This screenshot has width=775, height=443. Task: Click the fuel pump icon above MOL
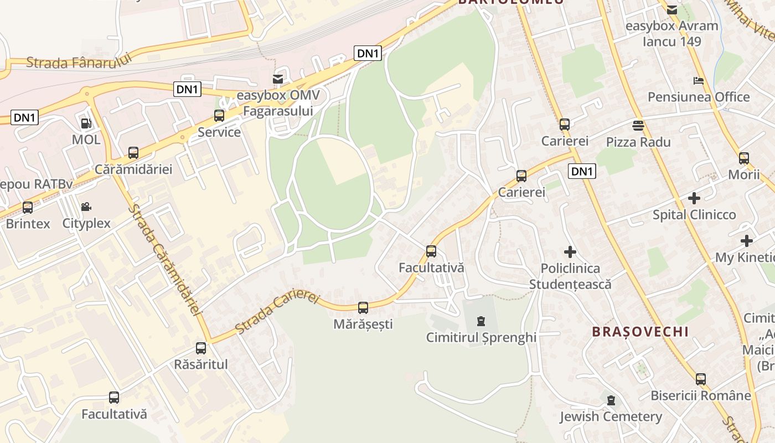pos(86,123)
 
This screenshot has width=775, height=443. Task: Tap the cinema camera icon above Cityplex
pos(86,207)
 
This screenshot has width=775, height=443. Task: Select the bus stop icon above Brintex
pos(28,208)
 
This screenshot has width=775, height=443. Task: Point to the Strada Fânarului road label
pos(79,61)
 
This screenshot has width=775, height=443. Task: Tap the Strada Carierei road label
pos(277,312)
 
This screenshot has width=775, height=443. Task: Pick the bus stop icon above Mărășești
pos(363,308)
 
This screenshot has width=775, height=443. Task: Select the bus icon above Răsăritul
pos(201,348)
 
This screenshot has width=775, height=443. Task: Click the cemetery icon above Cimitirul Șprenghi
pos(480,321)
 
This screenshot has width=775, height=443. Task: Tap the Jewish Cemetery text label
pos(611,416)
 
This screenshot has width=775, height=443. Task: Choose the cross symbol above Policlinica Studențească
pos(570,252)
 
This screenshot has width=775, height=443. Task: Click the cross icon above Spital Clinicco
pos(694,198)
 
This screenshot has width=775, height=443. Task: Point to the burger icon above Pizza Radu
pos(638,125)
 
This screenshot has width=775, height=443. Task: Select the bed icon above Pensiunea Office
pos(699,81)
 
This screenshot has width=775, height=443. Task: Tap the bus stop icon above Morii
pos(744,158)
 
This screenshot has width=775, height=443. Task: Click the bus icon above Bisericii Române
pos(701,379)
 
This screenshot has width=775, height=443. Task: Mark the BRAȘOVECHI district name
pos(640,332)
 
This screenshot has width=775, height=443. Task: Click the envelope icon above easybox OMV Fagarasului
pos(277,79)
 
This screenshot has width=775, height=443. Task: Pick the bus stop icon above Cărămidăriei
pos(133,153)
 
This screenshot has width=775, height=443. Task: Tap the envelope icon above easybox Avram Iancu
pos(671,9)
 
